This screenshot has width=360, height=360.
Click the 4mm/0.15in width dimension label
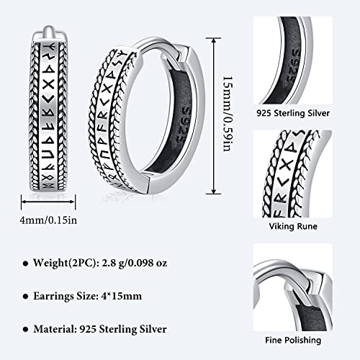tap(49, 220)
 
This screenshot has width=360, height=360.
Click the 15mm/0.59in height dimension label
tap(228, 114)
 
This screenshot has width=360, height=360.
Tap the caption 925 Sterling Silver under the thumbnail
tap(293, 113)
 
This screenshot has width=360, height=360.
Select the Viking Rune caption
tap(293, 226)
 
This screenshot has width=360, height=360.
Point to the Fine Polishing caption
tap(293, 340)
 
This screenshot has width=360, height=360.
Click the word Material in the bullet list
tap(54, 329)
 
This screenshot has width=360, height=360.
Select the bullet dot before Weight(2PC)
tap(25, 264)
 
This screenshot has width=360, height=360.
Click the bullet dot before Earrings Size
tap(25, 297)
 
